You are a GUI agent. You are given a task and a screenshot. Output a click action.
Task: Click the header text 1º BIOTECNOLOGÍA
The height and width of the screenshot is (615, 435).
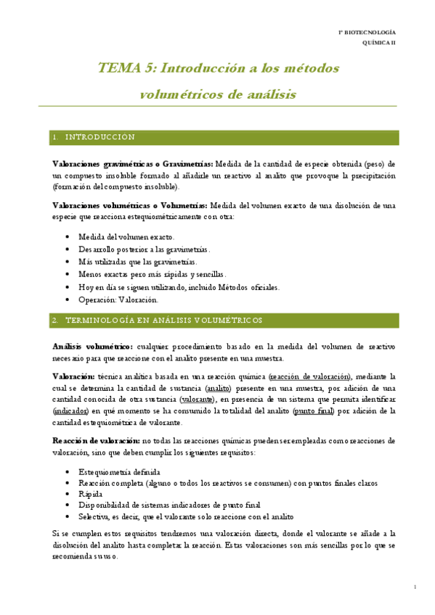pyautogui.click(x=367, y=33)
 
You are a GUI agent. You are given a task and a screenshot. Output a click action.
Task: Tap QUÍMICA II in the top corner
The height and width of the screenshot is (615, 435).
pyautogui.click(x=378, y=44)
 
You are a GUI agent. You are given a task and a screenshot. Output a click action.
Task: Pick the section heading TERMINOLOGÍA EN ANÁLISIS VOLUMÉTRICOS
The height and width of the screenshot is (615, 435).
pyautogui.click(x=164, y=320)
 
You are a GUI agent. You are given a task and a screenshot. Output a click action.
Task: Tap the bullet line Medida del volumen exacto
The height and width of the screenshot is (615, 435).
pyautogui.click(x=126, y=237)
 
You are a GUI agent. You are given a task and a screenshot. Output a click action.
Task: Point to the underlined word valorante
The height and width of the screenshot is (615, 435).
pyautogui.click(x=197, y=399)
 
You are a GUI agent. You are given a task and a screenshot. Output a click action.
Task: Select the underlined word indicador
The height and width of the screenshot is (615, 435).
pyautogui.click(x=70, y=410)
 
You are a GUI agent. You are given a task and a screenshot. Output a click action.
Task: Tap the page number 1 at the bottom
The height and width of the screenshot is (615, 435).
pyautogui.click(x=414, y=587)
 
